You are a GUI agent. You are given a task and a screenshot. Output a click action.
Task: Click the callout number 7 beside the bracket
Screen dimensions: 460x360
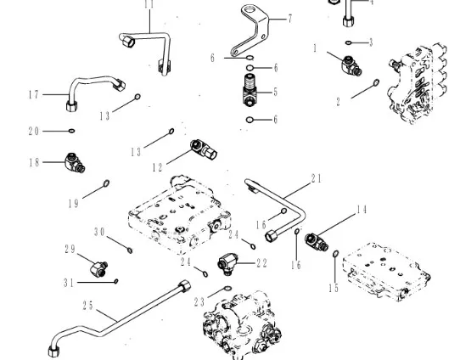(290, 19)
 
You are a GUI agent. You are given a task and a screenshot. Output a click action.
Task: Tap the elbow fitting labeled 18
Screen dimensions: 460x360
(75, 162)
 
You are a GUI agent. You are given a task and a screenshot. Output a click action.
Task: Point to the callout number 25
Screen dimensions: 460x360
(87, 306)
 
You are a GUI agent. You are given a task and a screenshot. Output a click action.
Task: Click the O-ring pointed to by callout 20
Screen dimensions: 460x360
(71, 131)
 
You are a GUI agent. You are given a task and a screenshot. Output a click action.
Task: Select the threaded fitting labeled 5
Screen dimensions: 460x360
(250, 89)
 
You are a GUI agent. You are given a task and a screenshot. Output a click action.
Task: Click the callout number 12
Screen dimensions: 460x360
(157, 167)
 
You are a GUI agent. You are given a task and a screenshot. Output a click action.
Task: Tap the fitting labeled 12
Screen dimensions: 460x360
(204, 149)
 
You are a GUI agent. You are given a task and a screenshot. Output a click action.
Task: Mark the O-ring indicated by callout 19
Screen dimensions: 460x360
(106, 183)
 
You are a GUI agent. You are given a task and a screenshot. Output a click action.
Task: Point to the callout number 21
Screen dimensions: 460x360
(317, 178)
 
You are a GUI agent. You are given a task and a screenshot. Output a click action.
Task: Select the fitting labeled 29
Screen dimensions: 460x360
(98, 268)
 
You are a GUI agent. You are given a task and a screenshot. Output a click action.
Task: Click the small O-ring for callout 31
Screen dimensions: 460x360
(116, 281)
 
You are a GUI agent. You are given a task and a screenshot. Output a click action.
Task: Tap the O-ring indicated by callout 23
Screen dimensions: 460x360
(227, 289)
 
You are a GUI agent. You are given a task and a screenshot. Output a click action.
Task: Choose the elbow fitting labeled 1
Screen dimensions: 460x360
(351, 66)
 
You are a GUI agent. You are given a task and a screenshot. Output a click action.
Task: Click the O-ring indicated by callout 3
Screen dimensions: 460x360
(348, 42)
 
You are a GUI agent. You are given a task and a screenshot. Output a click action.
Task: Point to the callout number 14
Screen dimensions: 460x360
(362, 210)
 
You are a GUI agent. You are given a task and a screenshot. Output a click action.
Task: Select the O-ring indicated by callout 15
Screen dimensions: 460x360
(336, 254)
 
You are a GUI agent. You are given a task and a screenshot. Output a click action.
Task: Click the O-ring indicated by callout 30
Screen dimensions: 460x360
(130, 250)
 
